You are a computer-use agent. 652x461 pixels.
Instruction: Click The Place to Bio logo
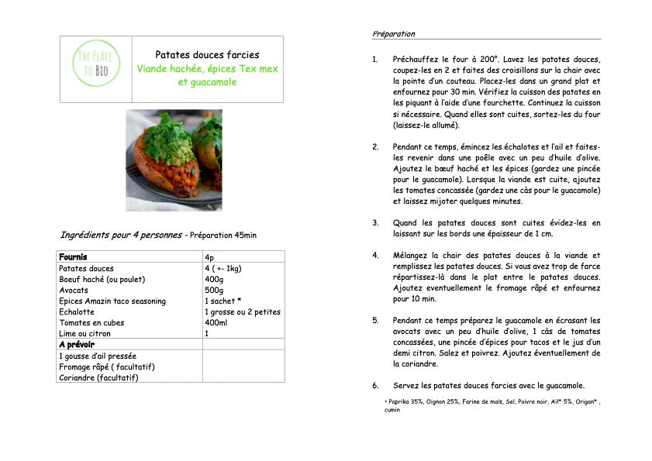(x=96, y=69)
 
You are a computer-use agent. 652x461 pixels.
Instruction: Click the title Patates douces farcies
(x=207, y=55)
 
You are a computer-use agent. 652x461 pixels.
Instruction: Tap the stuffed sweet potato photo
(x=174, y=160)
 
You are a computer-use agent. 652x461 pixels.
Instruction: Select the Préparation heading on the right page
(x=394, y=34)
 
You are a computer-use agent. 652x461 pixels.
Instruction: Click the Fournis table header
(x=73, y=257)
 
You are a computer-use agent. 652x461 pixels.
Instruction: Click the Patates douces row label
(x=86, y=269)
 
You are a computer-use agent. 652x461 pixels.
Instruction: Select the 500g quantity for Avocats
(x=215, y=291)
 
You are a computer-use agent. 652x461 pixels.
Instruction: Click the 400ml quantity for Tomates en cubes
(x=216, y=323)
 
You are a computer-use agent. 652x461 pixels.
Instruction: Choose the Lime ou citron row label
(x=85, y=334)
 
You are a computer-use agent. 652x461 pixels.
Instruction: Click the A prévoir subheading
(x=77, y=345)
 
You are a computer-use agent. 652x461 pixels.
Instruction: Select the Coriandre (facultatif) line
(x=98, y=377)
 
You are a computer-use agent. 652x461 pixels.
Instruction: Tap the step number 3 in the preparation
(x=375, y=223)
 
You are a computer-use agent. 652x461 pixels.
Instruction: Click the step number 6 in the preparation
(x=375, y=386)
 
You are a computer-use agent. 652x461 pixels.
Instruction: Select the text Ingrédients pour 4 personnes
(x=122, y=235)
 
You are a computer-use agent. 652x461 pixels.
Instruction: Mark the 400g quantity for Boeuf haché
(x=215, y=280)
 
